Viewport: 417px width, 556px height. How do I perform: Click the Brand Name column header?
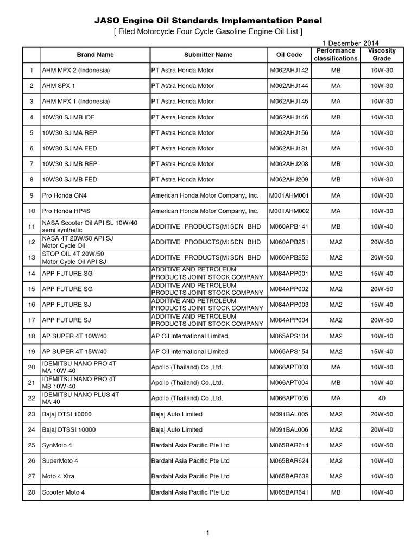[x=95, y=55]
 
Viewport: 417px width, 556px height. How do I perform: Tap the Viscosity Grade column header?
[x=382, y=55]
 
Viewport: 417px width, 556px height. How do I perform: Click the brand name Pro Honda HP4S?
[x=68, y=211]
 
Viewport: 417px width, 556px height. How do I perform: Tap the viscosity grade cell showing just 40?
[x=382, y=399]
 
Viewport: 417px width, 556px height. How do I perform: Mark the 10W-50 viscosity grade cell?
[x=382, y=445]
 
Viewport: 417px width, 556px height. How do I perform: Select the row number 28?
[x=31, y=492]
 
